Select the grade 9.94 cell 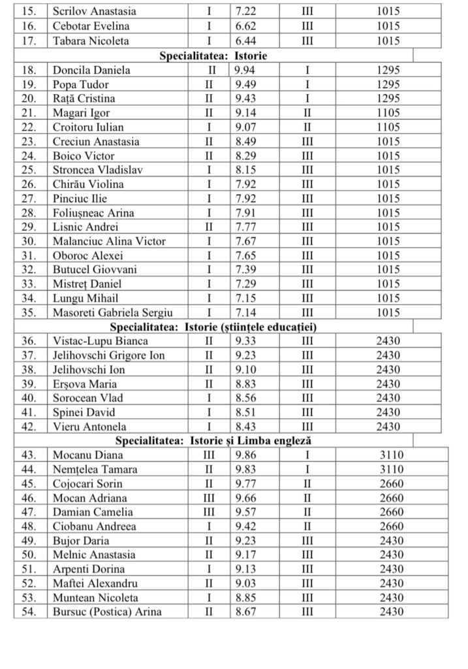tap(247, 71)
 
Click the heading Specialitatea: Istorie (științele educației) tap(213, 327)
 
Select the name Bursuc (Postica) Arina tap(107, 612)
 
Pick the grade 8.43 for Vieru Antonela tap(247, 427)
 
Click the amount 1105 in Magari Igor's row tap(388, 113)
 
